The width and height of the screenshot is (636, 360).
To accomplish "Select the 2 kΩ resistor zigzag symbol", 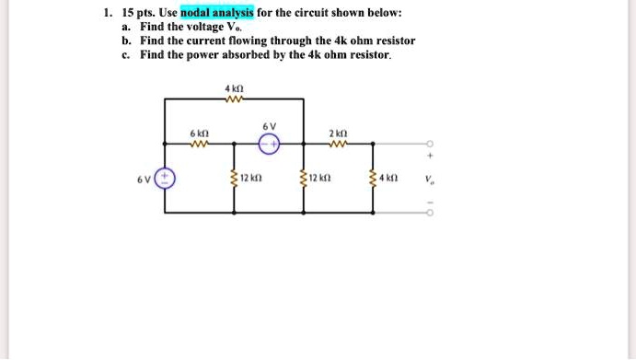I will click(339, 143).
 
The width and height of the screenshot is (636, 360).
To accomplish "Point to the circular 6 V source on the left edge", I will click(166, 178).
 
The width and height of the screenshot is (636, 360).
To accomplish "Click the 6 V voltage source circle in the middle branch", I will click(269, 143).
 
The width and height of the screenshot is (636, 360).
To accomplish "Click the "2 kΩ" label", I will click(338, 132).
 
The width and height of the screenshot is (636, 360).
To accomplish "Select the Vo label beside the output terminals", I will click(430, 179).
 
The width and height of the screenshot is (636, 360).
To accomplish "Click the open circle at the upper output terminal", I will click(429, 144).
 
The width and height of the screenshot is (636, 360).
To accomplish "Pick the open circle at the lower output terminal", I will click(429, 213).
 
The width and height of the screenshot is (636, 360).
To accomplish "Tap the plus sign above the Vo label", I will click(429, 157).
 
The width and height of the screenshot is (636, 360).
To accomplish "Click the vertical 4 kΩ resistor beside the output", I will click(373, 178).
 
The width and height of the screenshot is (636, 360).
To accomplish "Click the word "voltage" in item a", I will click(204, 28).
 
